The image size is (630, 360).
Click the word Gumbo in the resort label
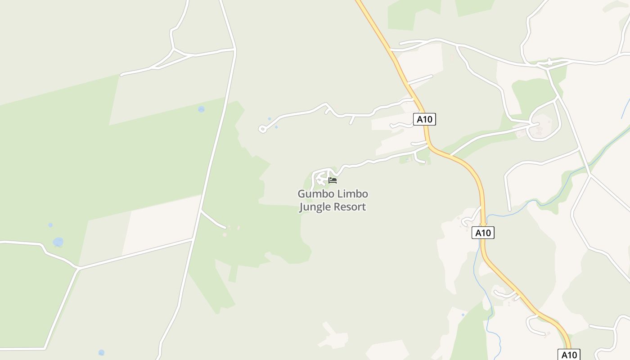314,194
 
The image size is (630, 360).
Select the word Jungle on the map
315,207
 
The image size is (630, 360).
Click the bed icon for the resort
333,180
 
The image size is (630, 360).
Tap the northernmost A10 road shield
424,119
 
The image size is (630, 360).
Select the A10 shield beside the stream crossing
483,233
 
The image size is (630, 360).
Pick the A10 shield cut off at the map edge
569,355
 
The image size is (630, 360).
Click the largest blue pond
58,242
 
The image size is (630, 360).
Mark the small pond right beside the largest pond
50,225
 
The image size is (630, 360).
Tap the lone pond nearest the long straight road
201,109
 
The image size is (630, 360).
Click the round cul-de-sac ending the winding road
262,130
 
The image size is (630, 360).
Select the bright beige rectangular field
162,225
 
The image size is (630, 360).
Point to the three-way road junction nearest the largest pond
78,269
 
